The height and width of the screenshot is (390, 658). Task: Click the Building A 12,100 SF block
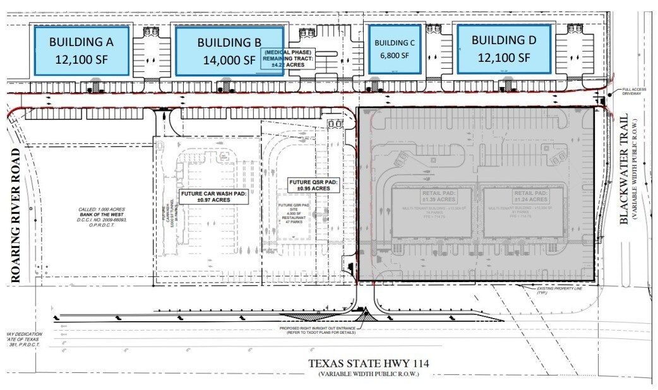point(81,50)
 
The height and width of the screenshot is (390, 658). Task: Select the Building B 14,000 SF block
point(228,51)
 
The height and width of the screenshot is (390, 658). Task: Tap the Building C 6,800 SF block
point(395,49)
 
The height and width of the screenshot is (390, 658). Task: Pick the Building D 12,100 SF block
point(503,49)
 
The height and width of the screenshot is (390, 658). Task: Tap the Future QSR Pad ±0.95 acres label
point(313,185)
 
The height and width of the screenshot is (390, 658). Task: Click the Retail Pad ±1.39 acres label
point(432,196)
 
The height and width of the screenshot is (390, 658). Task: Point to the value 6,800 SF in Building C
point(395,56)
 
